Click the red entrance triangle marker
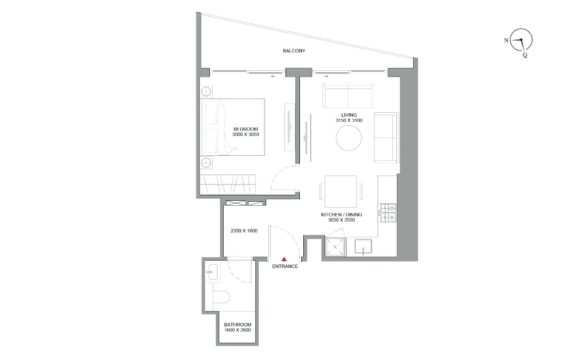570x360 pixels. (x=284, y=259)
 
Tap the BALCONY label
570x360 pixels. (x=294, y=51)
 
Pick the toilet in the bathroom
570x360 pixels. (x=221, y=298)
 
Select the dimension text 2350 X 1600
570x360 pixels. (x=244, y=231)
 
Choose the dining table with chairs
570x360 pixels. (x=340, y=192)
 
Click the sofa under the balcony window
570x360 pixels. (x=348, y=96)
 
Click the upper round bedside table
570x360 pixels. (x=207, y=91)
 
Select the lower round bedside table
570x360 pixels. (x=207, y=163)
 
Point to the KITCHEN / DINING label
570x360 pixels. (x=342, y=215)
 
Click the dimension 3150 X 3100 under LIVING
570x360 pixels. (x=349, y=121)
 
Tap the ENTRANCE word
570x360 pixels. (x=285, y=267)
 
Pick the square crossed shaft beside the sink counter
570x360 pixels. (x=335, y=246)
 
